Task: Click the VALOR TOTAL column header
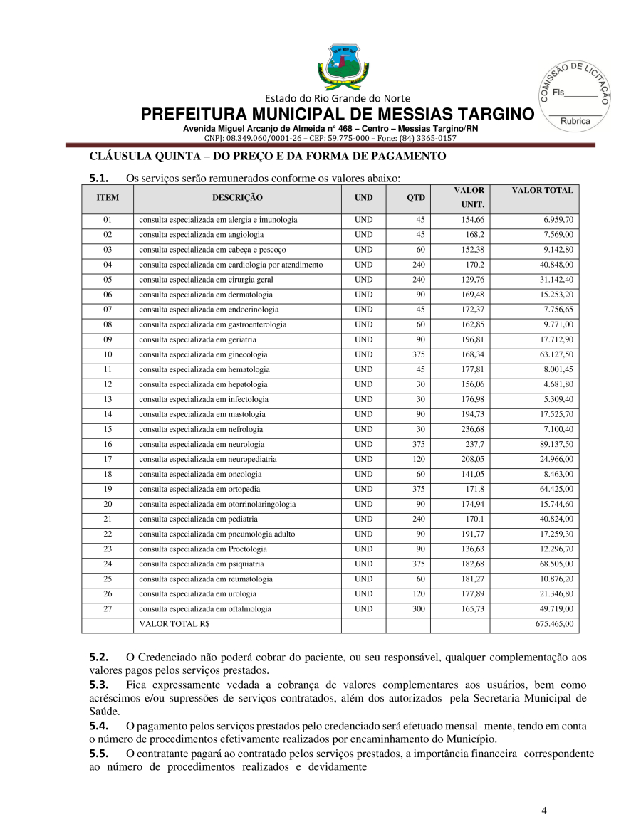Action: [542, 191]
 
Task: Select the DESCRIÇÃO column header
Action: [237, 197]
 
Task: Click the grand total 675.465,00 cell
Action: [558, 624]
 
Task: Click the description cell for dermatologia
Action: [206, 295]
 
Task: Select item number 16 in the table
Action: [108, 444]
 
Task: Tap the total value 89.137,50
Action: [556, 444]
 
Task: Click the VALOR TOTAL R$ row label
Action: [170, 624]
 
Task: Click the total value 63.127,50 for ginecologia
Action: [556, 354]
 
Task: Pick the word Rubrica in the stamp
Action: [575, 122]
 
